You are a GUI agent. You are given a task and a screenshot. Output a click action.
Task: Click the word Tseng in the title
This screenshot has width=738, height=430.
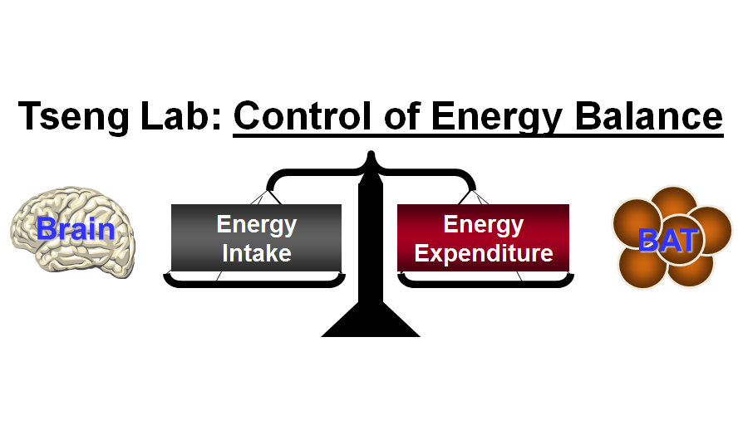click(74, 116)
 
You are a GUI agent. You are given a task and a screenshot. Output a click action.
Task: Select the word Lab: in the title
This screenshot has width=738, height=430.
click(181, 115)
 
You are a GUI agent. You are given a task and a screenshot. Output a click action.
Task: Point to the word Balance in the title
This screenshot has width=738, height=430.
click(648, 115)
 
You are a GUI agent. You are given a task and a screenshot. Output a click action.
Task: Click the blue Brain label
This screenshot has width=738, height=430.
click(76, 229)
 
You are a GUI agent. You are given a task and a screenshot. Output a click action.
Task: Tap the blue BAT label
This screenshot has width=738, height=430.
click(668, 240)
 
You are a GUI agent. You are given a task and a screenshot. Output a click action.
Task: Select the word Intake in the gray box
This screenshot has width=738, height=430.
click(257, 253)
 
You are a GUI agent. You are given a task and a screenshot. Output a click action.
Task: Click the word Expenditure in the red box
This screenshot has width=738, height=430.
click(484, 254)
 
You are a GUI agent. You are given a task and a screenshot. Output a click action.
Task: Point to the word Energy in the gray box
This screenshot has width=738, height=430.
click(257, 226)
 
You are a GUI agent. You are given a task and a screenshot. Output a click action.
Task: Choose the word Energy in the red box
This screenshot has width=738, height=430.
click(484, 226)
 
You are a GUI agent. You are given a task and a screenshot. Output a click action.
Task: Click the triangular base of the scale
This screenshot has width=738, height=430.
click(371, 320)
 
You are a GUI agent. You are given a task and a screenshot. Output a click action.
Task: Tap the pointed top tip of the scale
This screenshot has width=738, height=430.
click(371, 153)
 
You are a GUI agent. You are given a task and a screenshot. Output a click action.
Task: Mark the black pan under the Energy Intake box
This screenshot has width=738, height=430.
click(254, 281)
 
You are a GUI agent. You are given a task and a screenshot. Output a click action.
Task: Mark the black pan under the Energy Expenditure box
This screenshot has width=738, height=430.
click(485, 281)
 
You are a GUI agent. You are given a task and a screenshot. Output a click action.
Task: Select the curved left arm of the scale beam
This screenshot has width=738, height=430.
click(311, 173)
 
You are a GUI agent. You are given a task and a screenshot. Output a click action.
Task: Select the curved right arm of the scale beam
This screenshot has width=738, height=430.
click(430, 173)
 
